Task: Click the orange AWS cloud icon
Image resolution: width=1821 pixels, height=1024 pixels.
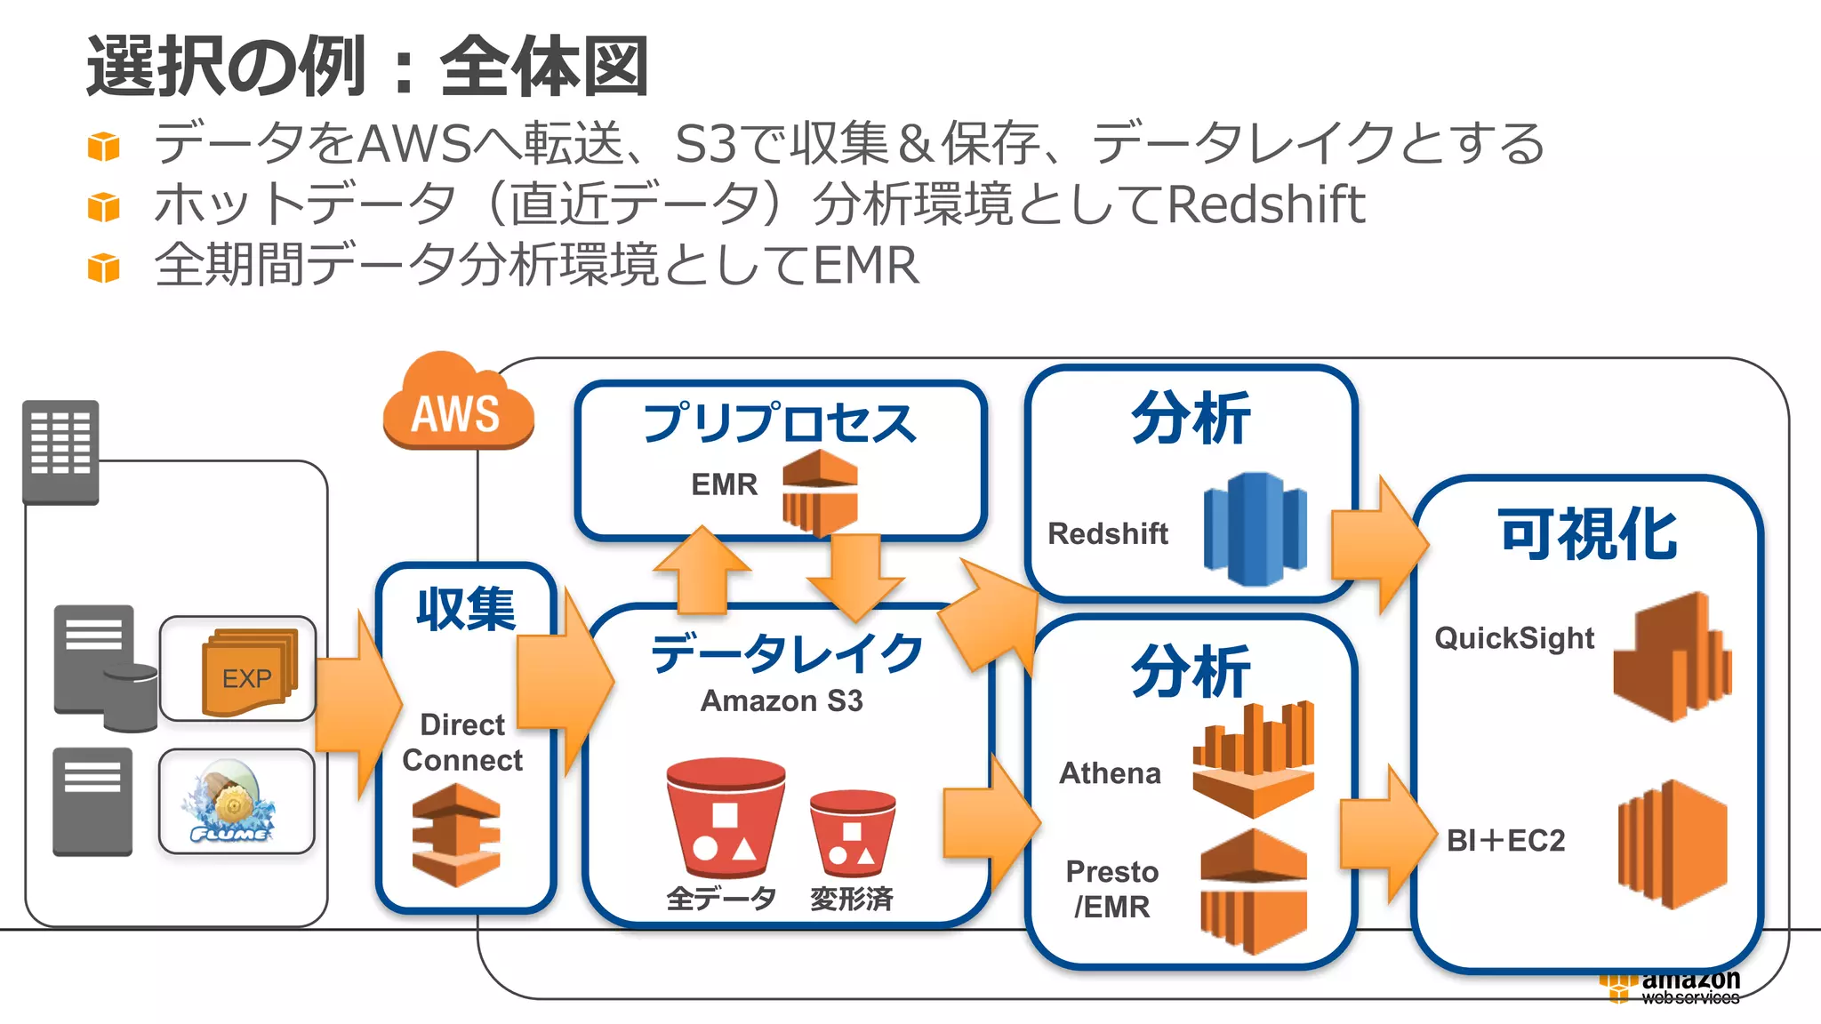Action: pos(457,405)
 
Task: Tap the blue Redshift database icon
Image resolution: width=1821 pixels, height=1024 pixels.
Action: pos(1255,529)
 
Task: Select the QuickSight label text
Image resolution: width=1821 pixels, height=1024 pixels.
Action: pos(1513,638)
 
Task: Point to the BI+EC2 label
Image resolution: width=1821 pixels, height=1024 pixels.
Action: pos(1505,840)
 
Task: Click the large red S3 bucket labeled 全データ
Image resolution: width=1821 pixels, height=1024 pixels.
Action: pos(725,818)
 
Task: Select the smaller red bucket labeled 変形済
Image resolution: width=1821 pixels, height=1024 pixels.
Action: pos(852,833)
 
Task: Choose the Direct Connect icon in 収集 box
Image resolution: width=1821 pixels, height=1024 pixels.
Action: pos(456,835)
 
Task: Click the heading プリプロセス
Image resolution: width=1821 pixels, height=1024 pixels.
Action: pos(779,423)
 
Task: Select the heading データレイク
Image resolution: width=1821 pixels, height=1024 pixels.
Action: pos(786,653)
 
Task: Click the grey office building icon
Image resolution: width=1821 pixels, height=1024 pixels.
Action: pos(60,452)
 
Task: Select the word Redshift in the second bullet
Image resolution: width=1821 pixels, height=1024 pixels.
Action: pos(1265,204)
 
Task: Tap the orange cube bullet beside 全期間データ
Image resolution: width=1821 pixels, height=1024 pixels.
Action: pos(104,268)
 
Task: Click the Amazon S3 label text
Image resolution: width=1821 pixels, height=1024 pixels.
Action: pos(782,701)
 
